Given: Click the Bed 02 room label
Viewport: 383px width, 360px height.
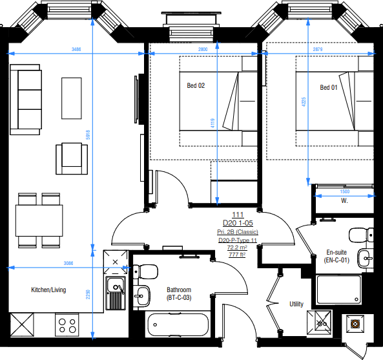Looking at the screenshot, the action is click(x=196, y=85).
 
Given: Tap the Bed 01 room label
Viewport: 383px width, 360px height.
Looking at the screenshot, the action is click(x=329, y=87).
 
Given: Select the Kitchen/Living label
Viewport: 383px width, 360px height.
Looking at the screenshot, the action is click(x=48, y=290).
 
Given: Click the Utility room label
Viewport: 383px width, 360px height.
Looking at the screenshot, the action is click(x=296, y=304).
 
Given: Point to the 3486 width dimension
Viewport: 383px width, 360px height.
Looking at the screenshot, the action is click(x=76, y=49).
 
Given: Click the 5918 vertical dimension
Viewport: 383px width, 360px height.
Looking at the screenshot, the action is click(x=88, y=135).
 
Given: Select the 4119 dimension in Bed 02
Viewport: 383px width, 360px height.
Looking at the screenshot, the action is click(x=212, y=123).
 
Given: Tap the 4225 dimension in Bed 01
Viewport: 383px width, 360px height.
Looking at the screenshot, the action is click(x=304, y=102).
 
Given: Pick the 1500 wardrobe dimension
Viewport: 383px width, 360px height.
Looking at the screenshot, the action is click(x=345, y=191).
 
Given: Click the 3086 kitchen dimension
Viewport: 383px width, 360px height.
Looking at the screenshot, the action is click(x=68, y=263).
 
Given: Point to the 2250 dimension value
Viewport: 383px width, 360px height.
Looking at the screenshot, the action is click(x=88, y=295).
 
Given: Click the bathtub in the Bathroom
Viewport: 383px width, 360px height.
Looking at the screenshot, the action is click(x=178, y=325).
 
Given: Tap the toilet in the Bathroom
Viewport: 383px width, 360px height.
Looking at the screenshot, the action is click(x=145, y=271).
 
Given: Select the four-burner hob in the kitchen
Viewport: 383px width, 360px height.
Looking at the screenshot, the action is click(x=67, y=325).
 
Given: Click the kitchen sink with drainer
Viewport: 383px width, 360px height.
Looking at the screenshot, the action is click(x=116, y=293).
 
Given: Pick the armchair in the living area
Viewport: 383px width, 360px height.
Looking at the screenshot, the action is click(x=72, y=158).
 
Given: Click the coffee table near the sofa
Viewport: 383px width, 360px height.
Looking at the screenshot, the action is click(x=72, y=98).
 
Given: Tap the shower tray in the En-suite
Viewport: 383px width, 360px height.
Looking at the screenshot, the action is click(x=339, y=290).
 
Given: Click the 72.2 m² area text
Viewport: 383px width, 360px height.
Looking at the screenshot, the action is click(x=237, y=248).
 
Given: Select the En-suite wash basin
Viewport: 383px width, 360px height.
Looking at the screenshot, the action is click(x=366, y=258).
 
